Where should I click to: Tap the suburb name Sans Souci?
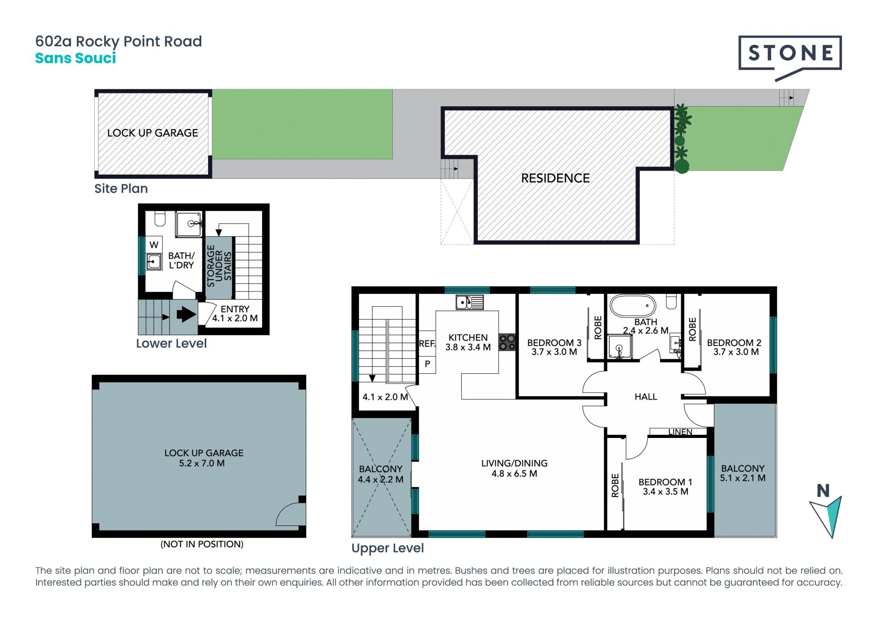click(x=75, y=58)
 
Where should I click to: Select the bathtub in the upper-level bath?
click(x=633, y=306)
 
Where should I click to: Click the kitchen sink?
click(x=470, y=302)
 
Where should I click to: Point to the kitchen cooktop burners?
click(x=507, y=342)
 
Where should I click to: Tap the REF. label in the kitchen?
click(x=427, y=343)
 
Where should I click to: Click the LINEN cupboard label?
click(x=680, y=432)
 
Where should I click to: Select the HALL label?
click(x=646, y=397)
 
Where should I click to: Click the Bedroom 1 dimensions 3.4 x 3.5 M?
click(x=665, y=491)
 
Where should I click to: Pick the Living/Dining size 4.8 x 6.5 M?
click(x=514, y=474)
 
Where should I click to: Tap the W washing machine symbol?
click(x=154, y=245)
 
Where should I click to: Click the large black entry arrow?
click(x=186, y=314)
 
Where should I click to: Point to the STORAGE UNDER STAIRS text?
click(x=219, y=266)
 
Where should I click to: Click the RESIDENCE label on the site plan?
click(x=556, y=178)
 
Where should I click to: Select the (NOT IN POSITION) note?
click(x=202, y=544)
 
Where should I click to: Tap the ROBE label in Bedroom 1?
click(x=615, y=486)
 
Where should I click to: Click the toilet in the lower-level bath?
click(x=160, y=218)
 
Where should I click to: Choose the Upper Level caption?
click(x=388, y=548)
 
